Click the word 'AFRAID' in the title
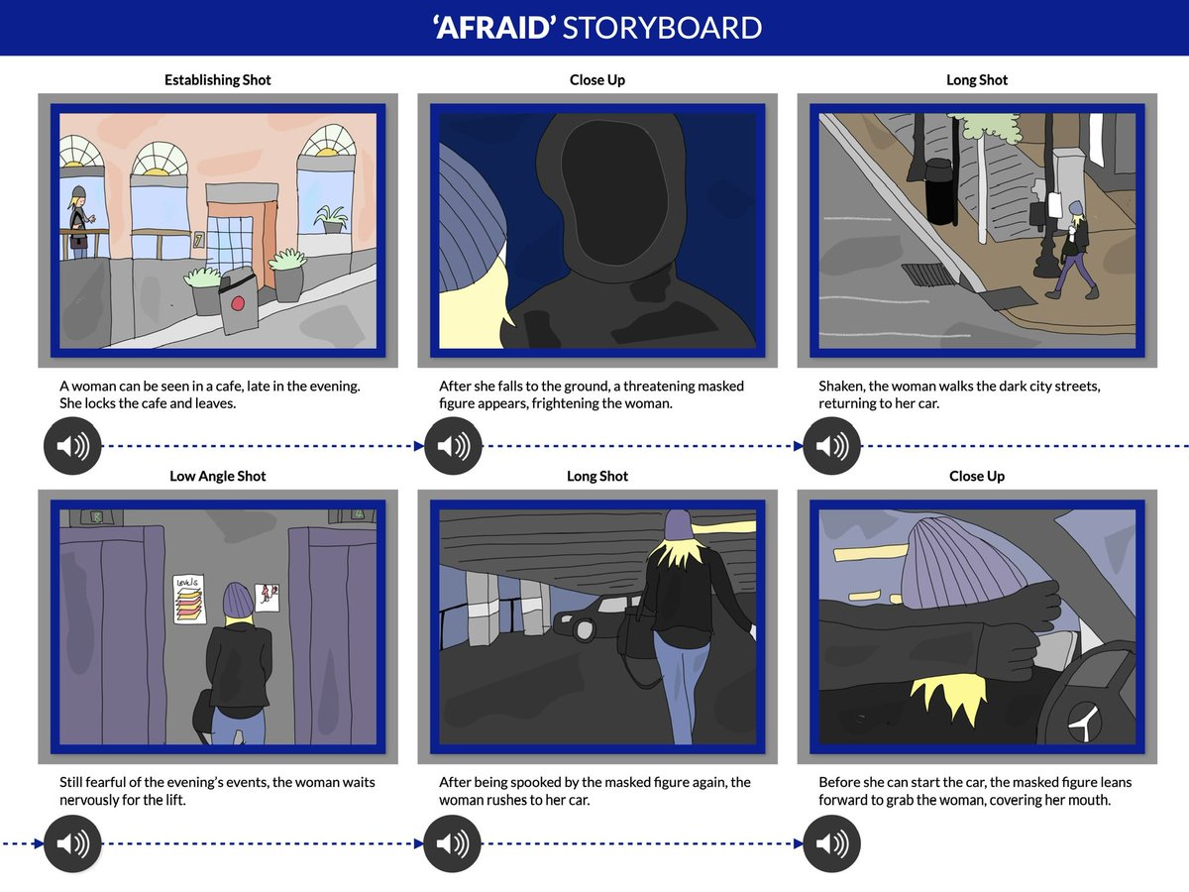[x=494, y=28]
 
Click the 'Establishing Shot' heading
[x=217, y=79]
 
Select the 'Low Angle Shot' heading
[x=217, y=476]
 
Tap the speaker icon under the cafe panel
[x=72, y=446]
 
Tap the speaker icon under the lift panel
[x=72, y=843]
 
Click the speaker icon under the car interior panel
[x=831, y=843]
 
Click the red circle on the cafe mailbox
[x=238, y=302]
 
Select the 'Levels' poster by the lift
[x=190, y=599]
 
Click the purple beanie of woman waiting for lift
[x=238, y=599]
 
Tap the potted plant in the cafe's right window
[x=331, y=219]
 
